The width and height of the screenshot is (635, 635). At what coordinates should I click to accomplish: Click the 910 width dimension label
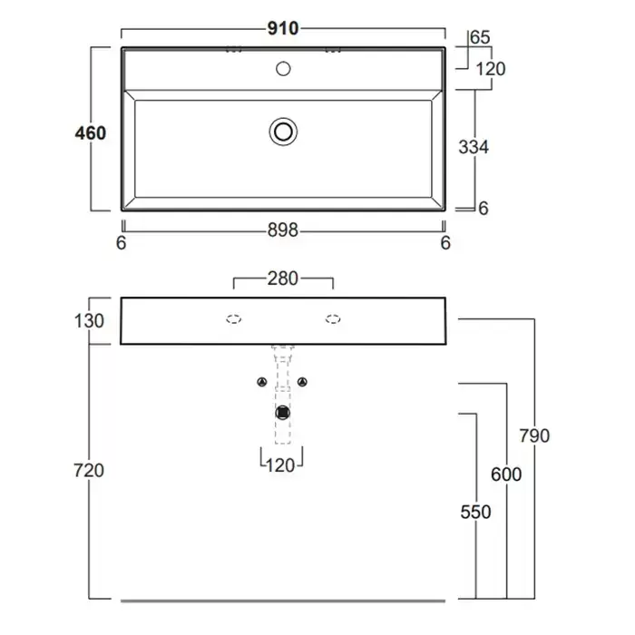coord(283,28)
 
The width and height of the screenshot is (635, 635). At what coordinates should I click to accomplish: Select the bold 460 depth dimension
coord(91,133)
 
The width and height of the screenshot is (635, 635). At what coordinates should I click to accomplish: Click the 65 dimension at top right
coord(481,37)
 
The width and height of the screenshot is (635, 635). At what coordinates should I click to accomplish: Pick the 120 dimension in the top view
coord(490,69)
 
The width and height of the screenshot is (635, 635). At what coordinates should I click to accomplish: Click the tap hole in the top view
coord(283,68)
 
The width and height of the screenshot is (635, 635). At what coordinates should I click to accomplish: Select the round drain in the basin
coord(283,132)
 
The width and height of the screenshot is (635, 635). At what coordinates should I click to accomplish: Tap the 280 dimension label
coord(283,278)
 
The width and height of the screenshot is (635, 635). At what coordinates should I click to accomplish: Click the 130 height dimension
coord(91,320)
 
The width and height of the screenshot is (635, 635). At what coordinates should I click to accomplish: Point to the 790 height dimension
coord(534,436)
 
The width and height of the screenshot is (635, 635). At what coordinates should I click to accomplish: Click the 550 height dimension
coord(474,513)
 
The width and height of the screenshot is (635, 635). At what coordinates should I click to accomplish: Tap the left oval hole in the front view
coord(233,319)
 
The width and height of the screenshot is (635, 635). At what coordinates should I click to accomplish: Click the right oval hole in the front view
coord(333,319)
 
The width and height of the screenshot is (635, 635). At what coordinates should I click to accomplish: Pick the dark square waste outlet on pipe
coord(283,413)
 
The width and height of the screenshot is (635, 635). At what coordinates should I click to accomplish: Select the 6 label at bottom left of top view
coord(122,242)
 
